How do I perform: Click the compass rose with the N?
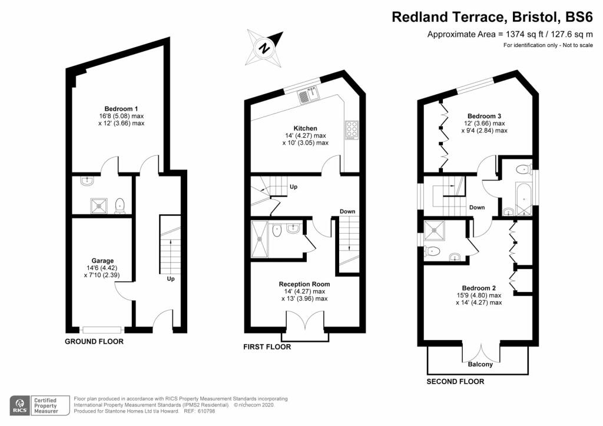pyautogui.click(x=265, y=48)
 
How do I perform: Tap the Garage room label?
pyautogui.click(x=102, y=261)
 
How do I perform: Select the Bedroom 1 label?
pyautogui.click(x=121, y=108)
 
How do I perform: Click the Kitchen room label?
pyautogui.click(x=306, y=128)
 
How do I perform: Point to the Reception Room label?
pyautogui.click(x=304, y=284)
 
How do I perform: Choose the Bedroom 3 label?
pyautogui.click(x=484, y=116)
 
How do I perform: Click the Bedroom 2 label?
pyautogui.click(x=479, y=288)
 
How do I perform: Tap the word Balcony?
pyautogui.click(x=481, y=364)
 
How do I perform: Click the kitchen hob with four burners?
pyautogui.click(x=351, y=129)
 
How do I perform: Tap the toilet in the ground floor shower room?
pyautogui.click(x=120, y=205)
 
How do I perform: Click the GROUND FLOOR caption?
pyautogui.click(x=94, y=341)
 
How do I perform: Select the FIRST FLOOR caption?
pyautogui.click(x=267, y=347)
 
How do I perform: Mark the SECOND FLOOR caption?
pyautogui.click(x=455, y=382)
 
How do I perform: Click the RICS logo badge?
pyautogui.click(x=21, y=405)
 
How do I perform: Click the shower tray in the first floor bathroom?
pyautogui.click(x=259, y=239)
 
